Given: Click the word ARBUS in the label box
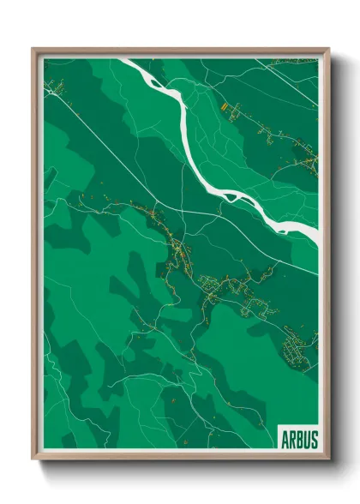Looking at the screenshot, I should [298, 440].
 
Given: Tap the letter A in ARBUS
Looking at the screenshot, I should [285, 440].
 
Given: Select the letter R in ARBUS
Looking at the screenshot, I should [291, 440].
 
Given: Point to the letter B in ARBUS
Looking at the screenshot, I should [298, 440].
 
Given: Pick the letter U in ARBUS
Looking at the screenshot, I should [306, 440].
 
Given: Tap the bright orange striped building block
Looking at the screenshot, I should [223, 107].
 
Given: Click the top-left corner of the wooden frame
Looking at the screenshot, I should [33, 49].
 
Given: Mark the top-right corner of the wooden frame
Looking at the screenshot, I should [329, 49].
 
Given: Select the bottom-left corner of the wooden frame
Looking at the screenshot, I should [33, 460].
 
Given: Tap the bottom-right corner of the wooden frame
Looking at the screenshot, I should [329, 460].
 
